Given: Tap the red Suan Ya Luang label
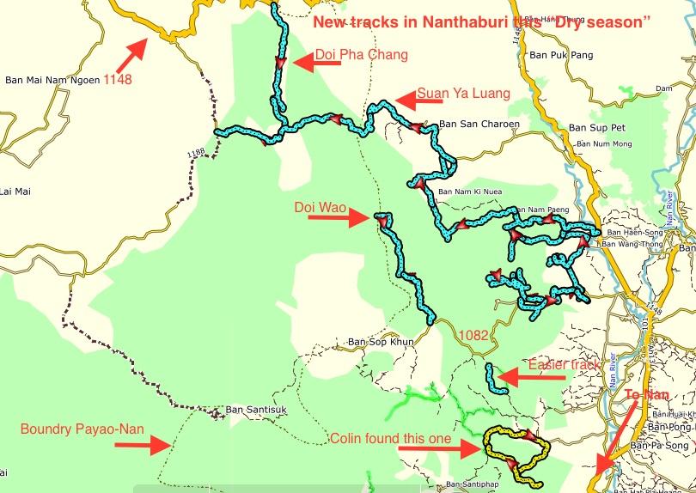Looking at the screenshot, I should coord(463,93).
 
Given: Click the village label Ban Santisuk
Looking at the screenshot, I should coord(250,410).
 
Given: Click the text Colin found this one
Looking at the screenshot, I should coord(390,439).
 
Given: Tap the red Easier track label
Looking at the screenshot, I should coord(564,365).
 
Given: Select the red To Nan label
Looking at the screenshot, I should coord(647,394).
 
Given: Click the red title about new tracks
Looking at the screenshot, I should coord(479,23).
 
